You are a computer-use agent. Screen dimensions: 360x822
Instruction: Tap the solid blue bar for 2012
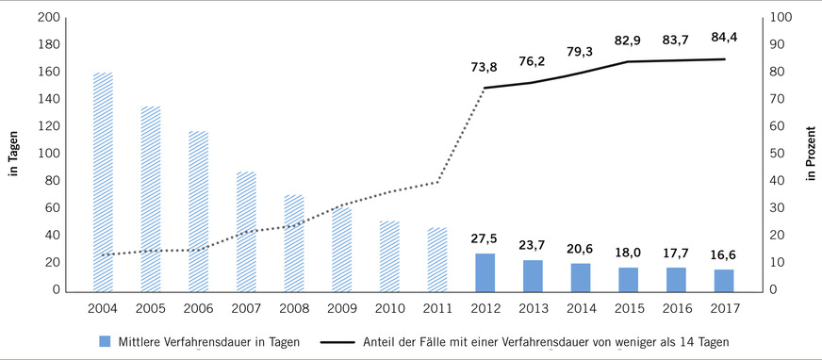coord(485,271)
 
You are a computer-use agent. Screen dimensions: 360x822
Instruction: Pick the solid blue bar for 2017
coord(724,280)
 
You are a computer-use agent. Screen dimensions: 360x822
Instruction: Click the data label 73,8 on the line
coord(485,68)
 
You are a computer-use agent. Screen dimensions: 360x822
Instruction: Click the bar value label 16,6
coord(724,254)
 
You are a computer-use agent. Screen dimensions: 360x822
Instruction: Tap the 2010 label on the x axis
coord(389,307)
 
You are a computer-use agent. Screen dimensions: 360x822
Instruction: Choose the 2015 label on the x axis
coord(628,307)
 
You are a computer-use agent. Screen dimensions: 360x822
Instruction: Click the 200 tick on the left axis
coord(49,18)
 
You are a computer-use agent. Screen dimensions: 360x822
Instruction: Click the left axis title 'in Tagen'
coord(14,154)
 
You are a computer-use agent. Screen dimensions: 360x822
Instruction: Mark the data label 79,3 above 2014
coord(581,53)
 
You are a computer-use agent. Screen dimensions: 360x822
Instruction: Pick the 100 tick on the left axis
coord(49,154)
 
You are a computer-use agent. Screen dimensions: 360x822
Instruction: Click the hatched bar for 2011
coord(437,259)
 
